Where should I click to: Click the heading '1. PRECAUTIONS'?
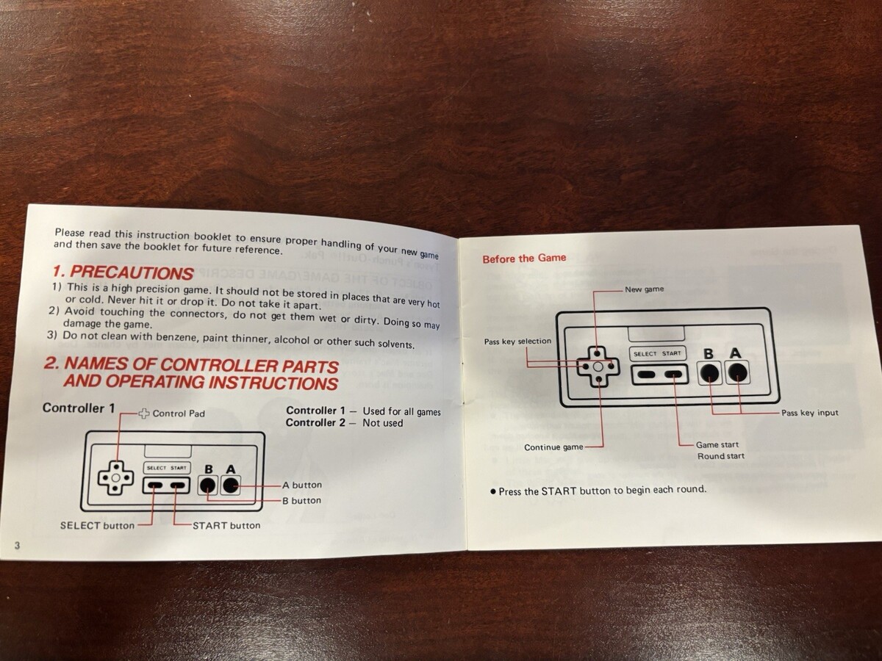pos(123,273)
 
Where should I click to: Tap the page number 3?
pos(18,545)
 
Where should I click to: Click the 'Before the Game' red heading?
pos(524,258)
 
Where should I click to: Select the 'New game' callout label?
pos(644,289)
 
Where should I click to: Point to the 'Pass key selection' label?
pos(517,341)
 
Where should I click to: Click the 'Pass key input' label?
pos(810,413)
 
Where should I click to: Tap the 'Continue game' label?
pos(553,447)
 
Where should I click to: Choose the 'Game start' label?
pos(717,444)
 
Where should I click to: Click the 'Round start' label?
pos(721,456)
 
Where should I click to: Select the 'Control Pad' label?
pos(179,413)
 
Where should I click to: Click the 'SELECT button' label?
pos(97,525)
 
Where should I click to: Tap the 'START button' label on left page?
pos(226,525)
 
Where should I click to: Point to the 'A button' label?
pos(302,485)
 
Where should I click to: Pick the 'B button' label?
pos(302,500)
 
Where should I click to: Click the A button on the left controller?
pos(231,485)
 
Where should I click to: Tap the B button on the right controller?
pos(709,373)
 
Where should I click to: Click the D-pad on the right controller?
pos(598,366)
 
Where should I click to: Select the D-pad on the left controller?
pos(115,477)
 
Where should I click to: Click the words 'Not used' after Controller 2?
pos(382,423)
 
